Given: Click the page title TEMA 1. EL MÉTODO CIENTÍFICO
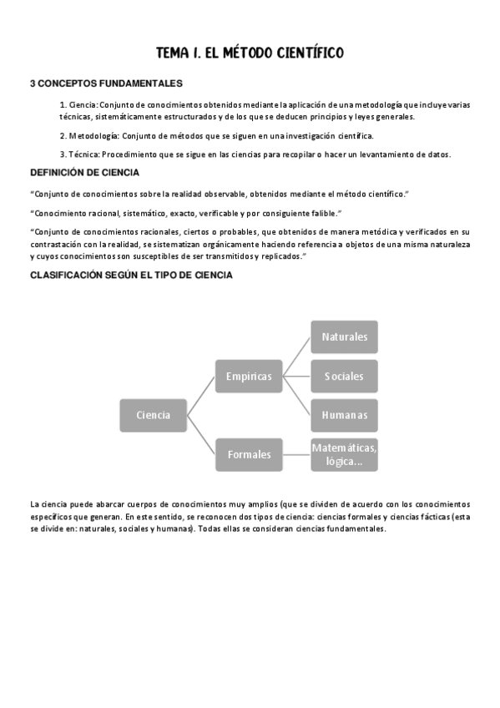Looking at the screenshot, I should [x=250, y=53].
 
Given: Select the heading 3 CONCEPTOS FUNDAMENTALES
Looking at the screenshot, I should [x=106, y=83].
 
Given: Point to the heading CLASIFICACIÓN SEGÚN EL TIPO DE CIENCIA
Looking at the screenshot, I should [x=131, y=275].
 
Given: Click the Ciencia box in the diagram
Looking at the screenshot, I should [x=154, y=415].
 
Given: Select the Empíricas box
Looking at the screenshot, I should [x=249, y=377].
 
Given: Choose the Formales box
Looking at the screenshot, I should [x=249, y=454].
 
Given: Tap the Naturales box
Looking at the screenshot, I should [x=344, y=337].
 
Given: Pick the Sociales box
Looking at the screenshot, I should [x=344, y=377].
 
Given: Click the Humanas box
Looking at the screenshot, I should [x=344, y=415].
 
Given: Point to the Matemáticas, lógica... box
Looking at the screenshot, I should [x=344, y=454].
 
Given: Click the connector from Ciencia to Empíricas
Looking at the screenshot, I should [x=201, y=396].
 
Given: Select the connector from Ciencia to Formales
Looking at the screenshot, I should [x=201, y=435].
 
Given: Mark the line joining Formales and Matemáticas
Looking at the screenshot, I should [x=296, y=454].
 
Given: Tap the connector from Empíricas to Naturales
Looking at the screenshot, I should [x=296, y=357].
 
